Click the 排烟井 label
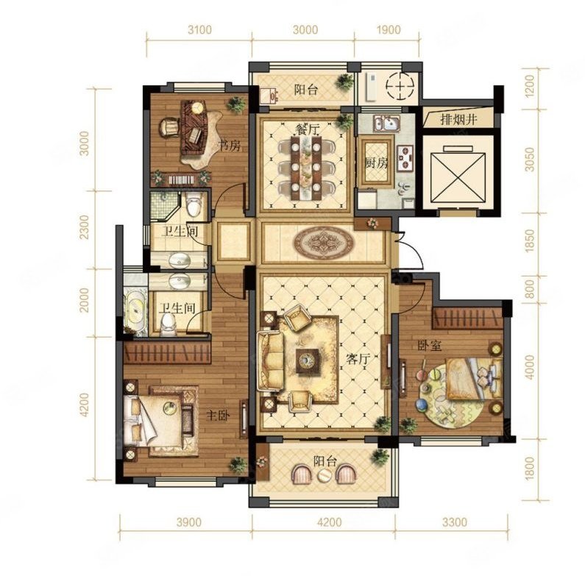pos(458,120)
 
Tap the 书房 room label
pos(229,146)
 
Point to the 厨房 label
pos(376,163)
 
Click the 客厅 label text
pos(358,359)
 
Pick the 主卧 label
pos(219,415)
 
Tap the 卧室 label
pos(430,346)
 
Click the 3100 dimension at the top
pos(199,29)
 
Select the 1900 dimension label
pos(389,29)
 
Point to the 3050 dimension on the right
pos(529,160)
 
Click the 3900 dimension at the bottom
pos(189,522)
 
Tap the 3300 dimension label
pos(454,522)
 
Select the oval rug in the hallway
pos(323,243)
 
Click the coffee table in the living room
pos(308,360)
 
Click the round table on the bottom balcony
pos(324,475)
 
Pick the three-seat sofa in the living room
pos(270,360)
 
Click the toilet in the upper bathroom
pos(194,205)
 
